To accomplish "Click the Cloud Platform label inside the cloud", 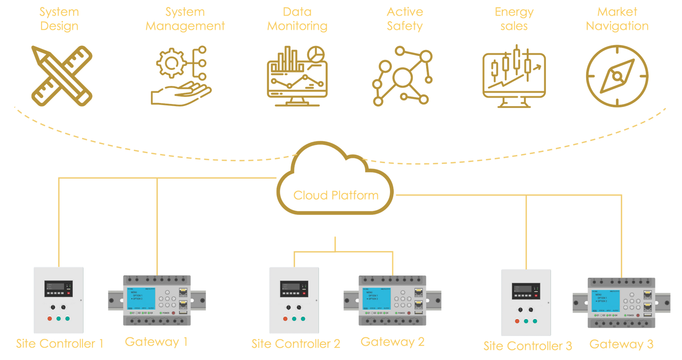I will [x=336, y=195].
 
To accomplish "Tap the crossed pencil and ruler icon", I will [x=62, y=76].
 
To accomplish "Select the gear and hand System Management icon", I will [x=181, y=76].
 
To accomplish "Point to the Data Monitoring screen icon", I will [x=297, y=76].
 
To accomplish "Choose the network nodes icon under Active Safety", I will [x=402, y=76].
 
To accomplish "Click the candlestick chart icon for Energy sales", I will [x=514, y=76].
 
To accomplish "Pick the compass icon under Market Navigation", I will [x=617, y=76].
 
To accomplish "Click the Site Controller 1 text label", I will [x=59, y=344].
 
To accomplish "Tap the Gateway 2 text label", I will [x=392, y=342].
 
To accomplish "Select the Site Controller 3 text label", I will [x=527, y=346].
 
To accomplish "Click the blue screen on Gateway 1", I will [x=141, y=299].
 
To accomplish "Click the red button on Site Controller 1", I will [x=50, y=318].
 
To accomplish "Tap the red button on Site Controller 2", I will [x=285, y=319].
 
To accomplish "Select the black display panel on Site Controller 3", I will [x=526, y=291].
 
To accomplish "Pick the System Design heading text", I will [x=59, y=19].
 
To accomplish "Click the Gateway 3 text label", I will [x=621, y=344].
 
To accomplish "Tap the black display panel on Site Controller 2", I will [x=294, y=289].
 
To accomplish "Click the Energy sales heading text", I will [x=514, y=19].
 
